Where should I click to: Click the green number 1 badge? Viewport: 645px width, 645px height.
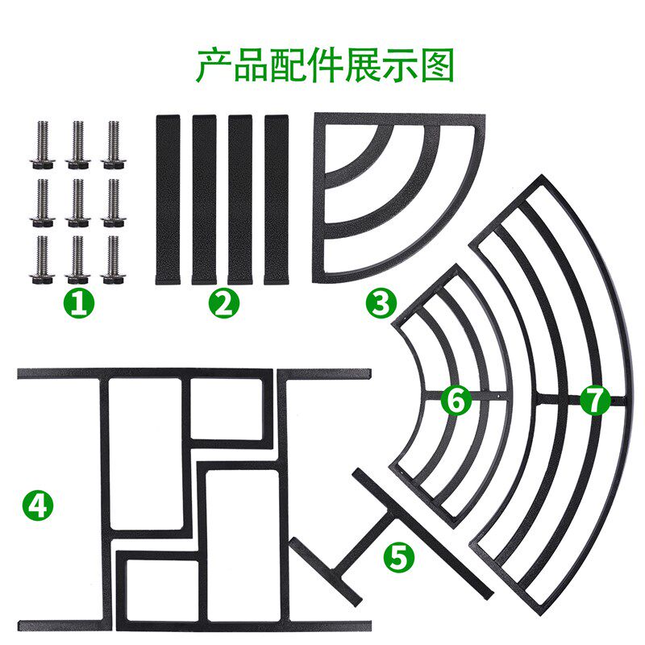tap(79, 304)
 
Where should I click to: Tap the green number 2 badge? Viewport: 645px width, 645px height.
tap(224, 304)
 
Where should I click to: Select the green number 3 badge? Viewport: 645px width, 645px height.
tap(381, 304)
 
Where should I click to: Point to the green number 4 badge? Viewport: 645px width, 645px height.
tap(38, 506)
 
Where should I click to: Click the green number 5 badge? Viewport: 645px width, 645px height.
tap(399, 558)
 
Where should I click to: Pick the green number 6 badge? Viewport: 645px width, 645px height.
tap(456, 400)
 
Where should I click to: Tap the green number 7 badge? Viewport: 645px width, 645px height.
tap(595, 400)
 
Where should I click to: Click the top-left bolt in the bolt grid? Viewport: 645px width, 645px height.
tap(42, 145)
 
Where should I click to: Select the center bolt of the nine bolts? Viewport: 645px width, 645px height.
tap(77, 203)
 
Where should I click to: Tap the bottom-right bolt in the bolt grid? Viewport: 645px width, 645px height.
tap(113, 260)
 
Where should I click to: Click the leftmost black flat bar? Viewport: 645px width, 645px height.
tap(168, 199)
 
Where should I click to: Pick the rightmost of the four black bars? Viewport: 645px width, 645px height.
tap(277, 199)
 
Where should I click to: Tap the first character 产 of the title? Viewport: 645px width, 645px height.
tap(214, 65)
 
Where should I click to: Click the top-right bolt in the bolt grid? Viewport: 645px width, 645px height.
tap(113, 145)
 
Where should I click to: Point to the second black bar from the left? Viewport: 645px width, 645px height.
tap(204, 199)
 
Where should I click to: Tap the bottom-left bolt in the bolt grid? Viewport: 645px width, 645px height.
tap(42, 260)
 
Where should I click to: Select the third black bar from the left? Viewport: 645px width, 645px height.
tap(240, 199)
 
